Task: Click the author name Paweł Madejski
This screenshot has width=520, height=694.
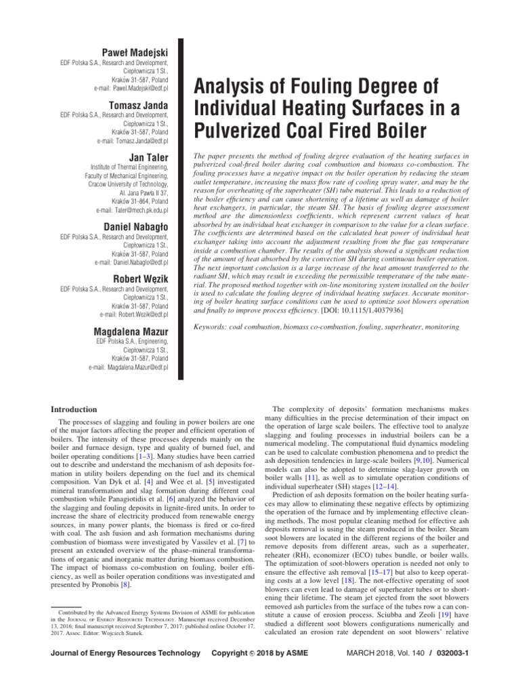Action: pyautogui.click(x=133, y=53)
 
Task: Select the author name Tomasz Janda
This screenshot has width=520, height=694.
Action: pyautogui.click(x=139, y=104)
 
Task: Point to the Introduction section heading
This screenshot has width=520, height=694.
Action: pyautogui.click(x=74, y=409)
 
